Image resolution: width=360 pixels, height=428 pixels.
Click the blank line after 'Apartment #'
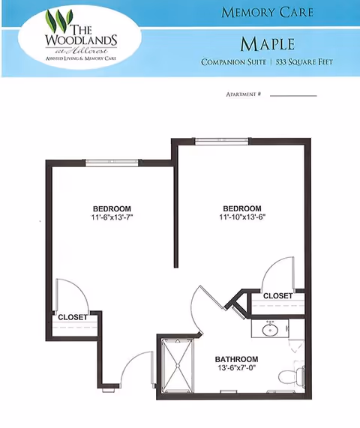coord(292,95)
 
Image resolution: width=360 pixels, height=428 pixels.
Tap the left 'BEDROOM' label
coord(112,208)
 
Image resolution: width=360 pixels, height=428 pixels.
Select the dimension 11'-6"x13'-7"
coord(112,217)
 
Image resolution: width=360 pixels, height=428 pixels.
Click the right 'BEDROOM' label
coord(242,208)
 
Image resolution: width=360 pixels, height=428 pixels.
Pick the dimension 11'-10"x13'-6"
coord(242,217)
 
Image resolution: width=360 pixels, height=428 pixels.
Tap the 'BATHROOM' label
coord(236,359)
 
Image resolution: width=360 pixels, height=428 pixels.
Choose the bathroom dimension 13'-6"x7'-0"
coord(236,368)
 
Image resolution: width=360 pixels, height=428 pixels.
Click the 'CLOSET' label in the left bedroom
coord(73,317)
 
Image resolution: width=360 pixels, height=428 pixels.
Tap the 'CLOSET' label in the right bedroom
coord(277,296)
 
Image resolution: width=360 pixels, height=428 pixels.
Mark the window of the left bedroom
coord(112,162)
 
